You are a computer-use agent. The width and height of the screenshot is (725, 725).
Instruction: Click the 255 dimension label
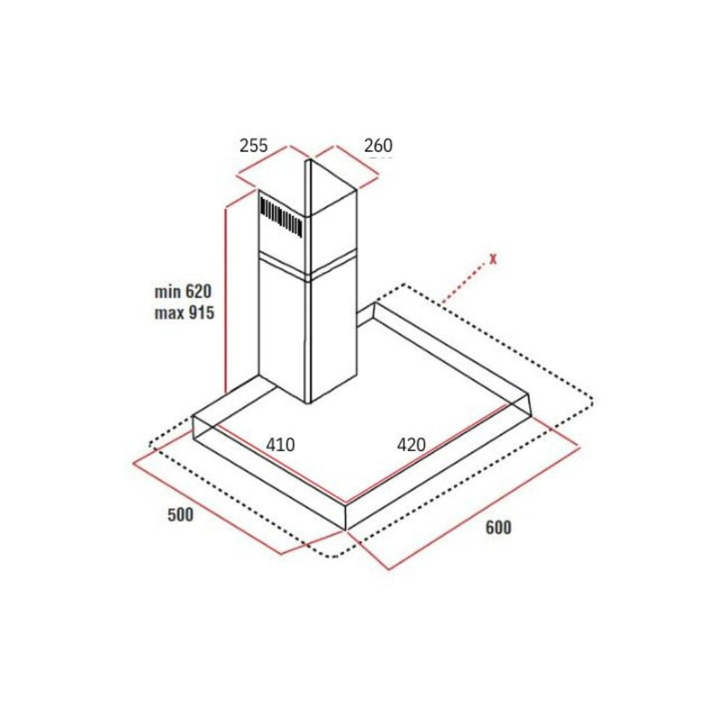click(x=254, y=145)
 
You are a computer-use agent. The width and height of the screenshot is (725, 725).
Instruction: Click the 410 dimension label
click(x=280, y=444)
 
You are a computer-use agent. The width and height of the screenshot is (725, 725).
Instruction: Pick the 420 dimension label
click(x=410, y=444)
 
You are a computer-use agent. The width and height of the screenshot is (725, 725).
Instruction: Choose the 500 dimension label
click(x=181, y=515)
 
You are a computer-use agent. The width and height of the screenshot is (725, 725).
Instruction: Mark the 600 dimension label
click(x=498, y=527)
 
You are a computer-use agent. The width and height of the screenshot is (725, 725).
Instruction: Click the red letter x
click(x=493, y=258)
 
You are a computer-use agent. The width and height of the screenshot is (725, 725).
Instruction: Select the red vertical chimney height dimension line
click(x=227, y=297)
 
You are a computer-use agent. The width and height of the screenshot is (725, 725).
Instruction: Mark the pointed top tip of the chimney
click(x=308, y=162)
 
